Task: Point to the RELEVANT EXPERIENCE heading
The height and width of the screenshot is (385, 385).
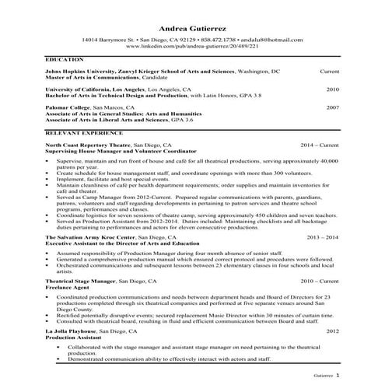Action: tap(79, 133)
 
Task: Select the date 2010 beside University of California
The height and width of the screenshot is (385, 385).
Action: tap(332, 89)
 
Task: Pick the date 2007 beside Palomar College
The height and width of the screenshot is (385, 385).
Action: tap(332, 107)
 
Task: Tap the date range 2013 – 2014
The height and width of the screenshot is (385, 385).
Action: tap(323, 236)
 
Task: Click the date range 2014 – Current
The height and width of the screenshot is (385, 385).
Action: tap(320, 145)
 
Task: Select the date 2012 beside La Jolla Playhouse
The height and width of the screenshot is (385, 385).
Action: tap(332, 331)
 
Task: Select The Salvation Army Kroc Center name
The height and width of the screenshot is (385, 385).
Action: tap(90, 236)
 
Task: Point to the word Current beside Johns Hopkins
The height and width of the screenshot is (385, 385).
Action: tap(329, 71)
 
